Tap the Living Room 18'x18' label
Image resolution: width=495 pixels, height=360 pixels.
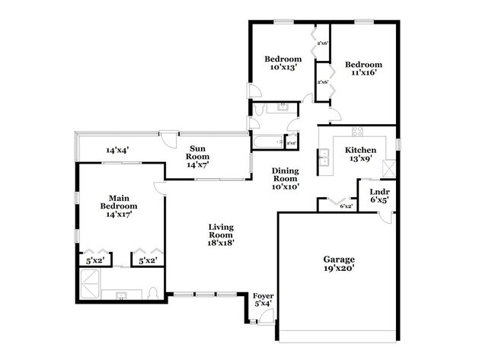tap(222, 235)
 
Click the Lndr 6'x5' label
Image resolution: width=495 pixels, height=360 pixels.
tap(379, 196)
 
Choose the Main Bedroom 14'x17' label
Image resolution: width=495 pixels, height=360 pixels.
tap(118, 205)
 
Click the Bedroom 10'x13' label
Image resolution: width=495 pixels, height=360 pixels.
tap(283, 63)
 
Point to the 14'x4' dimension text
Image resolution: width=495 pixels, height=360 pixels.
tap(117, 151)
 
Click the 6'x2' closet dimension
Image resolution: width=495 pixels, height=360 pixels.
tap(346, 205)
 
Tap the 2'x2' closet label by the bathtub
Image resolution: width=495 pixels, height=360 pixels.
tap(291, 142)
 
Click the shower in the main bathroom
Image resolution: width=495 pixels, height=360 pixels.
tap(89, 287)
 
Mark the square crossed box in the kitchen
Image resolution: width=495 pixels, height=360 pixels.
tap(390, 168)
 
